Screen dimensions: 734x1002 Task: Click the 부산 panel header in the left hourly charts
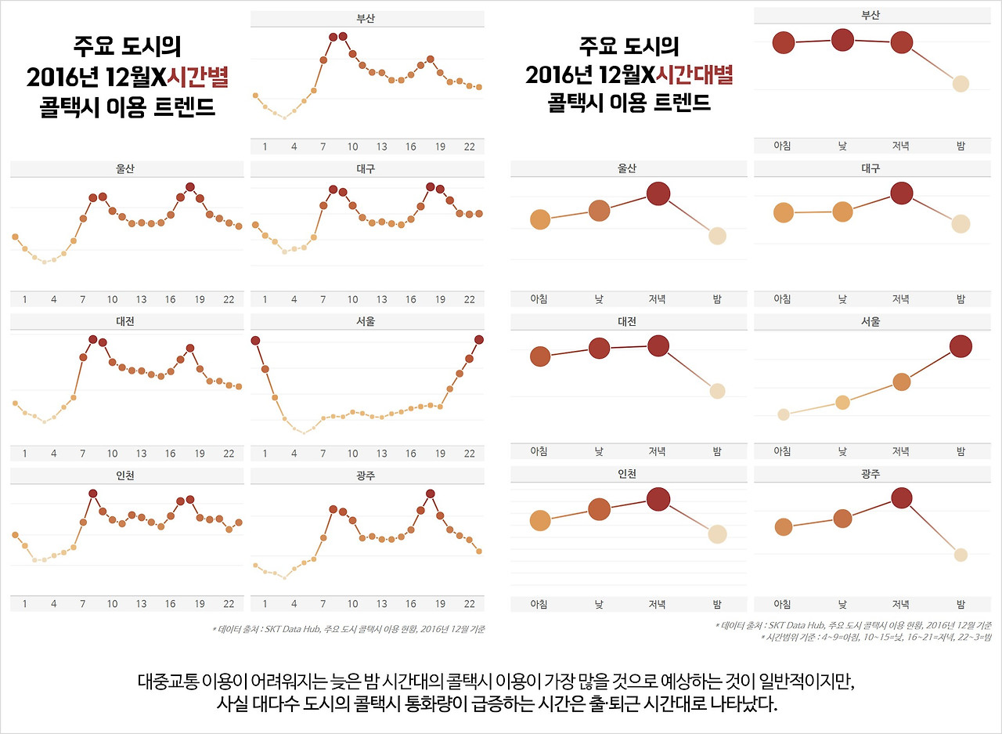365,19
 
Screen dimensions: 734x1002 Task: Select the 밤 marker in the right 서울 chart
961,346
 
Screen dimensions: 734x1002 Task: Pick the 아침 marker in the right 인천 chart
540,520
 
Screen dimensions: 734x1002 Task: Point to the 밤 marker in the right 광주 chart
961,555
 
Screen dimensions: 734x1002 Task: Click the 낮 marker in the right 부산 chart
842,39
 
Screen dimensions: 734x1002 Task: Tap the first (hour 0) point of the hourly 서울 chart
255,340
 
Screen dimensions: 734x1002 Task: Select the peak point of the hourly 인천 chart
93,493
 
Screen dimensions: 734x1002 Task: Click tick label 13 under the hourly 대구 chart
381,299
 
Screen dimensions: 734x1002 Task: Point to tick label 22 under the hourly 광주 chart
469,604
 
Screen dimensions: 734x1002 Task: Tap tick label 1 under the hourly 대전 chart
24,454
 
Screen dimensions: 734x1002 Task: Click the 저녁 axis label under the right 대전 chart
658,451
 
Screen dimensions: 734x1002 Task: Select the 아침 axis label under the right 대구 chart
782,299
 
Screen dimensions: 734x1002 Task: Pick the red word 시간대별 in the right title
694,75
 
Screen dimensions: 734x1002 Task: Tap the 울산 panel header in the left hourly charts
124,169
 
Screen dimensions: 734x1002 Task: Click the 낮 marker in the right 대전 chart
599,349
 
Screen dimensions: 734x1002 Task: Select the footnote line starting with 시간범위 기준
876,638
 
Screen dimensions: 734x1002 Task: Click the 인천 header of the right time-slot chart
627,474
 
